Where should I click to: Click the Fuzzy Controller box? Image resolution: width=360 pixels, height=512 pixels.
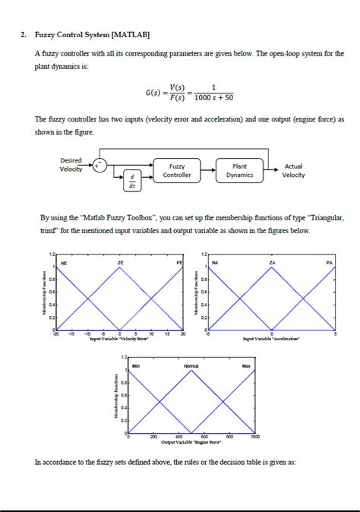(x=177, y=170)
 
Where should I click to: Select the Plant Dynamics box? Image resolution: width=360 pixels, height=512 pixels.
(x=239, y=170)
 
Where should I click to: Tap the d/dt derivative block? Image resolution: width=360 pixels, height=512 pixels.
(x=132, y=180)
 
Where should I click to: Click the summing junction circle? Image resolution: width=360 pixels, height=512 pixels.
(x=99, y=163)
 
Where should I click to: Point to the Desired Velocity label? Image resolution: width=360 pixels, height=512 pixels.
(x=71, y=164)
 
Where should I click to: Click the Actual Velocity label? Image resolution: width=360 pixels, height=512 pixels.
(x=293, y=170)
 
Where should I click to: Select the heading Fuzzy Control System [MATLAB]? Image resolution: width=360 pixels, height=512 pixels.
(x=92, y=36)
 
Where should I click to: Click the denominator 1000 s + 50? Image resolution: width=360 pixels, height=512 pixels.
(x=213, y=97)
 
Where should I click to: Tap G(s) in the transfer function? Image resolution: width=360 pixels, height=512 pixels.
(x=156, y=92)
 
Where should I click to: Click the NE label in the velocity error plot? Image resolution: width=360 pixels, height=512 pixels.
(x=64, y=261)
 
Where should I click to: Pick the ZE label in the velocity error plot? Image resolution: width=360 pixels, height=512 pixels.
(x=120, y=261)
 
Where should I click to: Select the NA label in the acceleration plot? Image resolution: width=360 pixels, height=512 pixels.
(x=216, y=261)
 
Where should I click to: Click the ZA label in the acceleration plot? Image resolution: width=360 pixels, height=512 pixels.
(x=272, y=261)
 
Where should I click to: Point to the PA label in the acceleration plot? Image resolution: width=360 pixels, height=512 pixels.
(x=329, y=261)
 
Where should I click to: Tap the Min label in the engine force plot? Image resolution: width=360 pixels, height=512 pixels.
(x=136, y=366)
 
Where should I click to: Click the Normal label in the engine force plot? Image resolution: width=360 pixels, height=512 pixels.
(x=191, y=366)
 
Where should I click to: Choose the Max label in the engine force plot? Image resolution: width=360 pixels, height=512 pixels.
(x=246, y=366)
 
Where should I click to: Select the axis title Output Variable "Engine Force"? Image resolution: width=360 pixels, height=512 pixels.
(x=191, y=442)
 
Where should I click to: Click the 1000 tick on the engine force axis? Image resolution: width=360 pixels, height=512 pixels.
(x=254, y=437)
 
